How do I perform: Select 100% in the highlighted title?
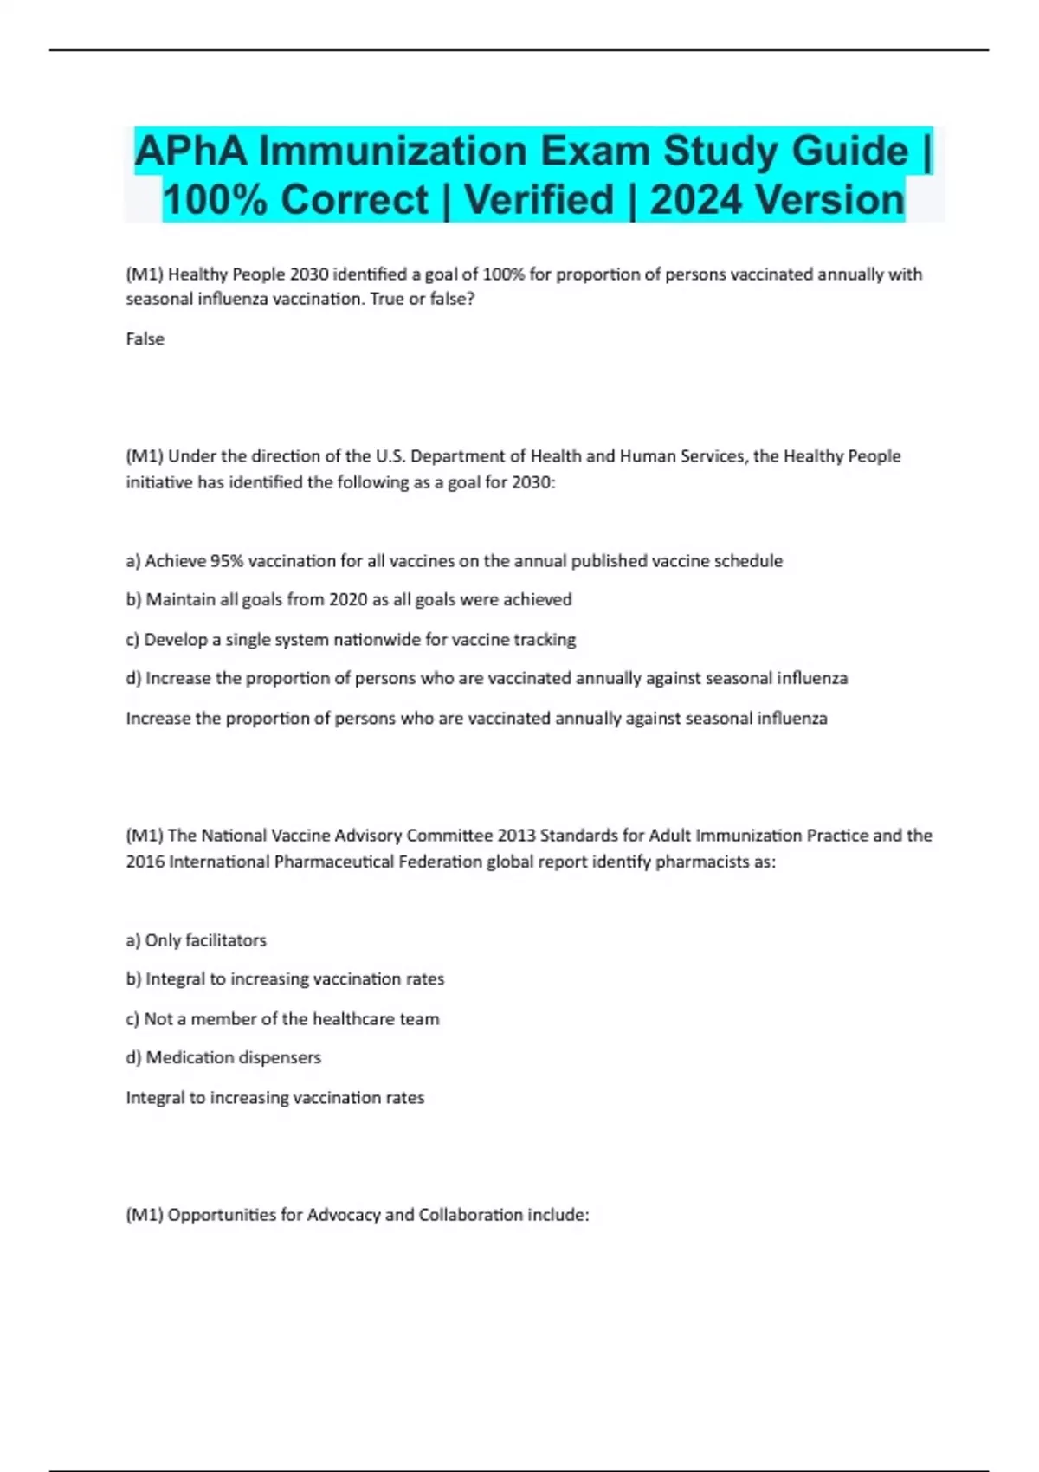click(x=216, y=199)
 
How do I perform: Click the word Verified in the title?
click(x=539, y=199)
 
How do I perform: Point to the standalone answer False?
click(x=145, y=339)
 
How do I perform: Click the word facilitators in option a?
click(x=226, y=940)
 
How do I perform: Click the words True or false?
click(x=431, y=299)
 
